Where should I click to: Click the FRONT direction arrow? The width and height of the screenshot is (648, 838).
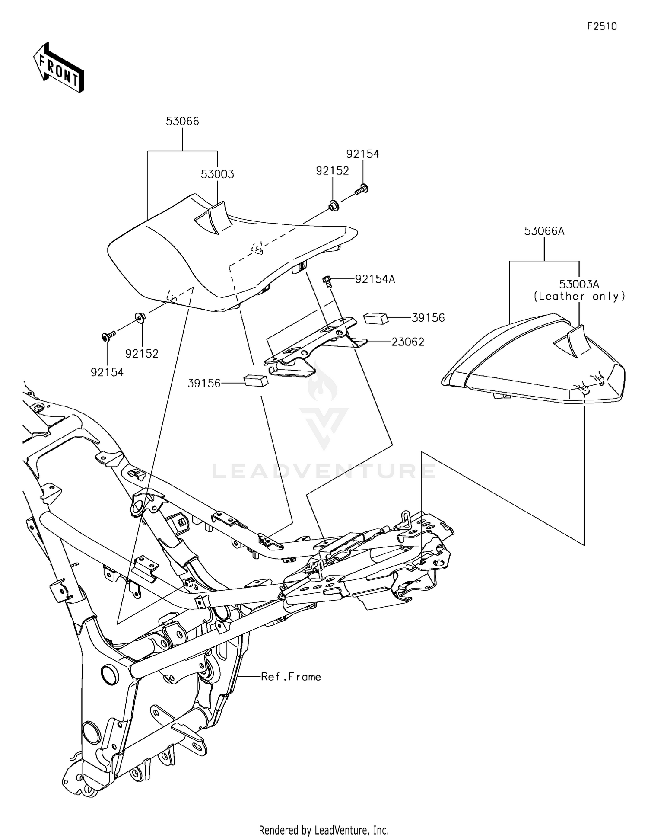coord(59,68)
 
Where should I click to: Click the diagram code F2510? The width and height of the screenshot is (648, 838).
coord(601,26)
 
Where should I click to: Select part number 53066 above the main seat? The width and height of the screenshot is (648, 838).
coord(182,122)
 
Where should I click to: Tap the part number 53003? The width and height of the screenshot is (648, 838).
coord(217,174)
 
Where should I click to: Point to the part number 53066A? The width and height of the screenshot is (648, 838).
coord(544,231)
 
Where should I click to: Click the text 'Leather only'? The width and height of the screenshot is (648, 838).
coord(579,297)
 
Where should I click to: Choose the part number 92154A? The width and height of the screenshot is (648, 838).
coord(375,279)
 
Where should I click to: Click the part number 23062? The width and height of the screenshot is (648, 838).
coord(407,342)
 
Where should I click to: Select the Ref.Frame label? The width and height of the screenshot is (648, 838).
coord(291,677)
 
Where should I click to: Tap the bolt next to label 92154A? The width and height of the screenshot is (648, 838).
coord(327,281)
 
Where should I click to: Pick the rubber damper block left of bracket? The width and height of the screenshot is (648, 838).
coord(256,380)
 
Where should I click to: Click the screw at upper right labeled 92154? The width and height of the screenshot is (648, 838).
coord(361,189)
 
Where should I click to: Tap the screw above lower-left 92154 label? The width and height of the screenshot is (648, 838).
coord(108,336)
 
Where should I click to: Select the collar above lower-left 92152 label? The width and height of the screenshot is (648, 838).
coord(140,317)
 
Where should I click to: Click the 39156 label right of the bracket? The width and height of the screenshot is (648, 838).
coord(428,318)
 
